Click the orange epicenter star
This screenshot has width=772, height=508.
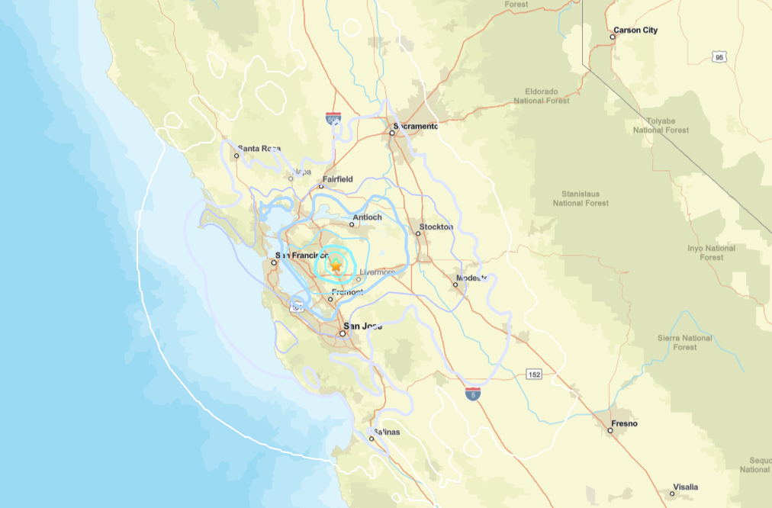pyautogui.click(x=336, y=265)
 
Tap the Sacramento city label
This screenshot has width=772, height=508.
pyautogui.click(x=416, y=127)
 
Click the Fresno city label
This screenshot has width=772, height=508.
pyautogui.click(x=624, y=423)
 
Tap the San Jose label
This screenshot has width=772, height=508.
pyautogui.click(x=362, y=326)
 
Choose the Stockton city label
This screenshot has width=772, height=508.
pyautogui.click(x=435, y=227)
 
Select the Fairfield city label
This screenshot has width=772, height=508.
pyautogui.click(x=337, y=179)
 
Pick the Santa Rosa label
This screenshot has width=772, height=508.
pyautogui.click(x=259, y=149)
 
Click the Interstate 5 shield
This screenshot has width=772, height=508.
pyautogui.click(x=473, y=394)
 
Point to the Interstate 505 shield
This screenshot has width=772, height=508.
pyautogui.click(x=333, y=119)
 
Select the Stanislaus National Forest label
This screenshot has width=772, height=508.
pyautogui.click(x=581, y=199)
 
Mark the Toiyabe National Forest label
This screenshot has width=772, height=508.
pyautogui.click(x=661, y=125)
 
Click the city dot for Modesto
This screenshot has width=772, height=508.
pyautogui.click(x=455, y=285)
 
